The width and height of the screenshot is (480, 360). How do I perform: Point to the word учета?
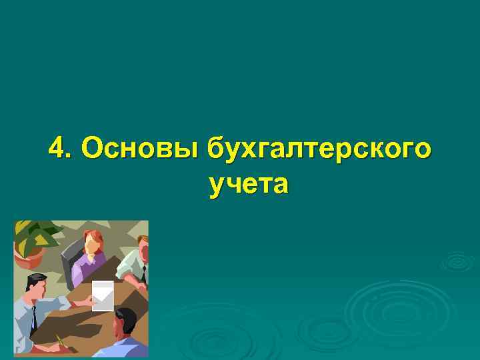(249, 183)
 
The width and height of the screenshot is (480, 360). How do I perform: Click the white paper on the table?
(103, 295)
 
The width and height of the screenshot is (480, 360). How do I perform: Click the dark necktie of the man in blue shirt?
(33, 317)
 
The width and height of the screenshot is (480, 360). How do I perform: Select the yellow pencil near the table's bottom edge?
(61, 341)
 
